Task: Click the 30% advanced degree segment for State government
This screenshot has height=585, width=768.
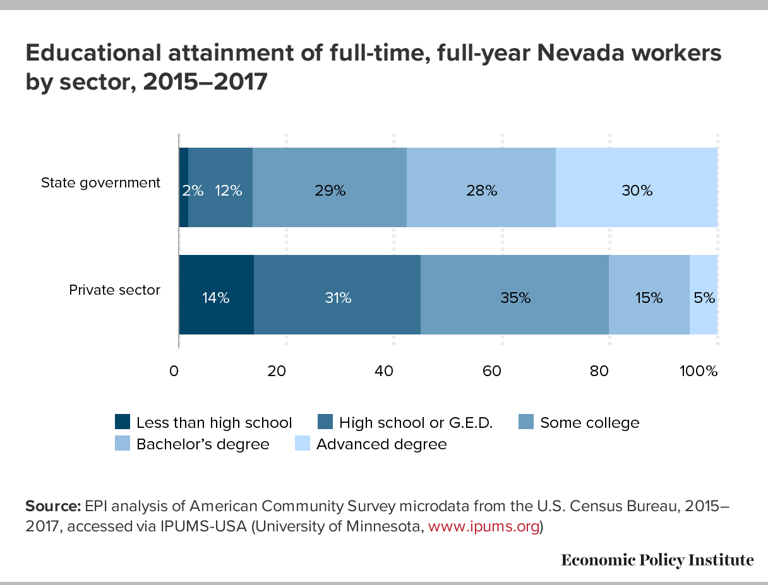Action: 636,187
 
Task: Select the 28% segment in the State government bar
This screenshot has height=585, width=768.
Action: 481,187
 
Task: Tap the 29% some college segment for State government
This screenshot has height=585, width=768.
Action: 329,187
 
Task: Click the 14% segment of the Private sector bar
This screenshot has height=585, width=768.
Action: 216,295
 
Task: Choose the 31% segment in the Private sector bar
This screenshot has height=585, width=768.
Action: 337,295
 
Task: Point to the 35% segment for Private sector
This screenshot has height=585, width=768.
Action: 514,295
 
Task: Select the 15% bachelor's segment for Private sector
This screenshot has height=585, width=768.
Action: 649,295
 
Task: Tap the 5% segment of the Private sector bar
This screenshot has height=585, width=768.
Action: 704,295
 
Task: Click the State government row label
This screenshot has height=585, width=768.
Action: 100,183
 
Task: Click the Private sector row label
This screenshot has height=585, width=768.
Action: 114,290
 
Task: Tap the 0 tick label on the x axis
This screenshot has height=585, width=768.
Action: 174,371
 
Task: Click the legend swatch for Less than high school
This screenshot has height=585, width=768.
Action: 123,422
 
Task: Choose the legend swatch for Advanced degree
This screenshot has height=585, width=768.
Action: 303,444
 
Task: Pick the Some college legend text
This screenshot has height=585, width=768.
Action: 589,423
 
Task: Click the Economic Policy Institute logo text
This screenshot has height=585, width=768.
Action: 657,560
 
